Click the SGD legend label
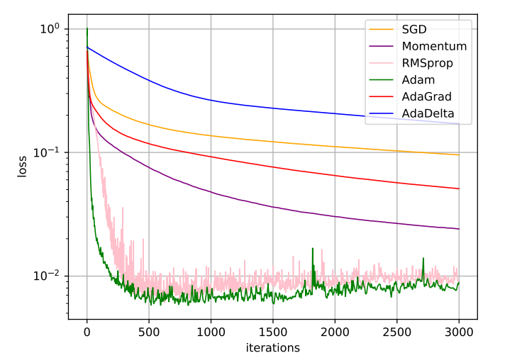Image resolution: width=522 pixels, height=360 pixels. pyautogui.click(x=417, y=30)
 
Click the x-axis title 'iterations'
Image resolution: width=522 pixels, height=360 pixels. pyautogui.click(x=272, y=348)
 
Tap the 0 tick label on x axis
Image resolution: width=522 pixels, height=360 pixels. pyautogui.click(x=87, y=332)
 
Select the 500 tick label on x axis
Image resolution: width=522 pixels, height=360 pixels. pyautogui.click(x=149, y=332)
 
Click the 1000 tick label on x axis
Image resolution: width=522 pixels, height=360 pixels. pyautogui.click(x=211, y=332)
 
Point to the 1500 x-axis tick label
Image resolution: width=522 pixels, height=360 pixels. pyautogui.click(x=273, y=332)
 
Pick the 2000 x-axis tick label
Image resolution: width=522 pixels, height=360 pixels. pyautogui.click(x=335, y=332)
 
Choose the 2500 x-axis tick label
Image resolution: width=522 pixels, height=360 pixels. pyautogui.click(x=396, y=332)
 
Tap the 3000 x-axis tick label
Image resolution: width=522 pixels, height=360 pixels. pyautogui.click(x=459, y=332)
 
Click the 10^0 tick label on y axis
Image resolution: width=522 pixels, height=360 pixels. pyautogui.click(x=50, y=28)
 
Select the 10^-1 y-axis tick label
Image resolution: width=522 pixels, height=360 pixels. pyautogui.click(x=48, y=152)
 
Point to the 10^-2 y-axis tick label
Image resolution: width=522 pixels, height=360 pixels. pyautogui.click(x=48, y=276)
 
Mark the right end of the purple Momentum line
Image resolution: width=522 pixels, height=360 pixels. pyautogui.click(x=459, y=229)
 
